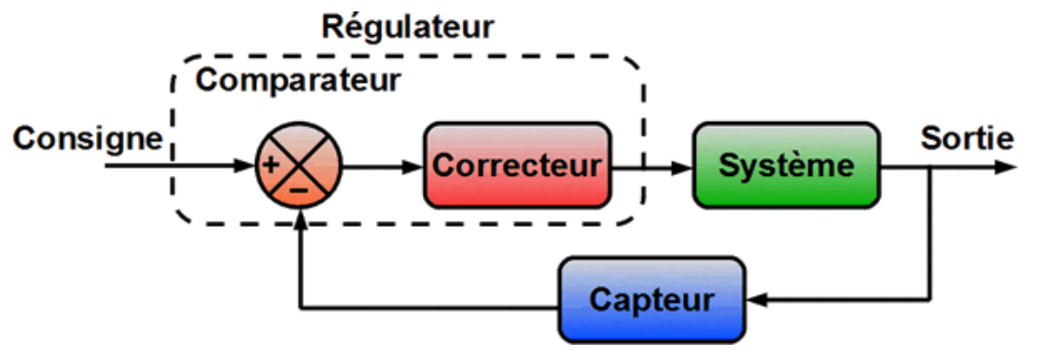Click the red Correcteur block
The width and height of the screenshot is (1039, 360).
517,165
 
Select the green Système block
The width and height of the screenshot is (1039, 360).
787,165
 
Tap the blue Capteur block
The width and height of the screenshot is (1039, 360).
652,300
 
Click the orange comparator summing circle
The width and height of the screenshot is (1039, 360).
299,165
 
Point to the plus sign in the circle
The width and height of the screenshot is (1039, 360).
270,165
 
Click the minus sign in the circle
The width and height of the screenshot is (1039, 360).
299,190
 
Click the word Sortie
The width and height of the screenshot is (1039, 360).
967,139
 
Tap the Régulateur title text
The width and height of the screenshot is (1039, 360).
409,28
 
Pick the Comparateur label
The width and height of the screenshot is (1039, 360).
298,80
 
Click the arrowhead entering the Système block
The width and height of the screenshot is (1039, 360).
682,166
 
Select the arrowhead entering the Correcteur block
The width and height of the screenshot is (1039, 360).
412,166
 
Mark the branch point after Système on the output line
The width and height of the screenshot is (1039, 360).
931,166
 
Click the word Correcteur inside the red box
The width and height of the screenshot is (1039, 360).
517,165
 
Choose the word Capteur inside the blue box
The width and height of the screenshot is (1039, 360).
652,300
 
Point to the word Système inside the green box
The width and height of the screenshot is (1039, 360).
787,165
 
